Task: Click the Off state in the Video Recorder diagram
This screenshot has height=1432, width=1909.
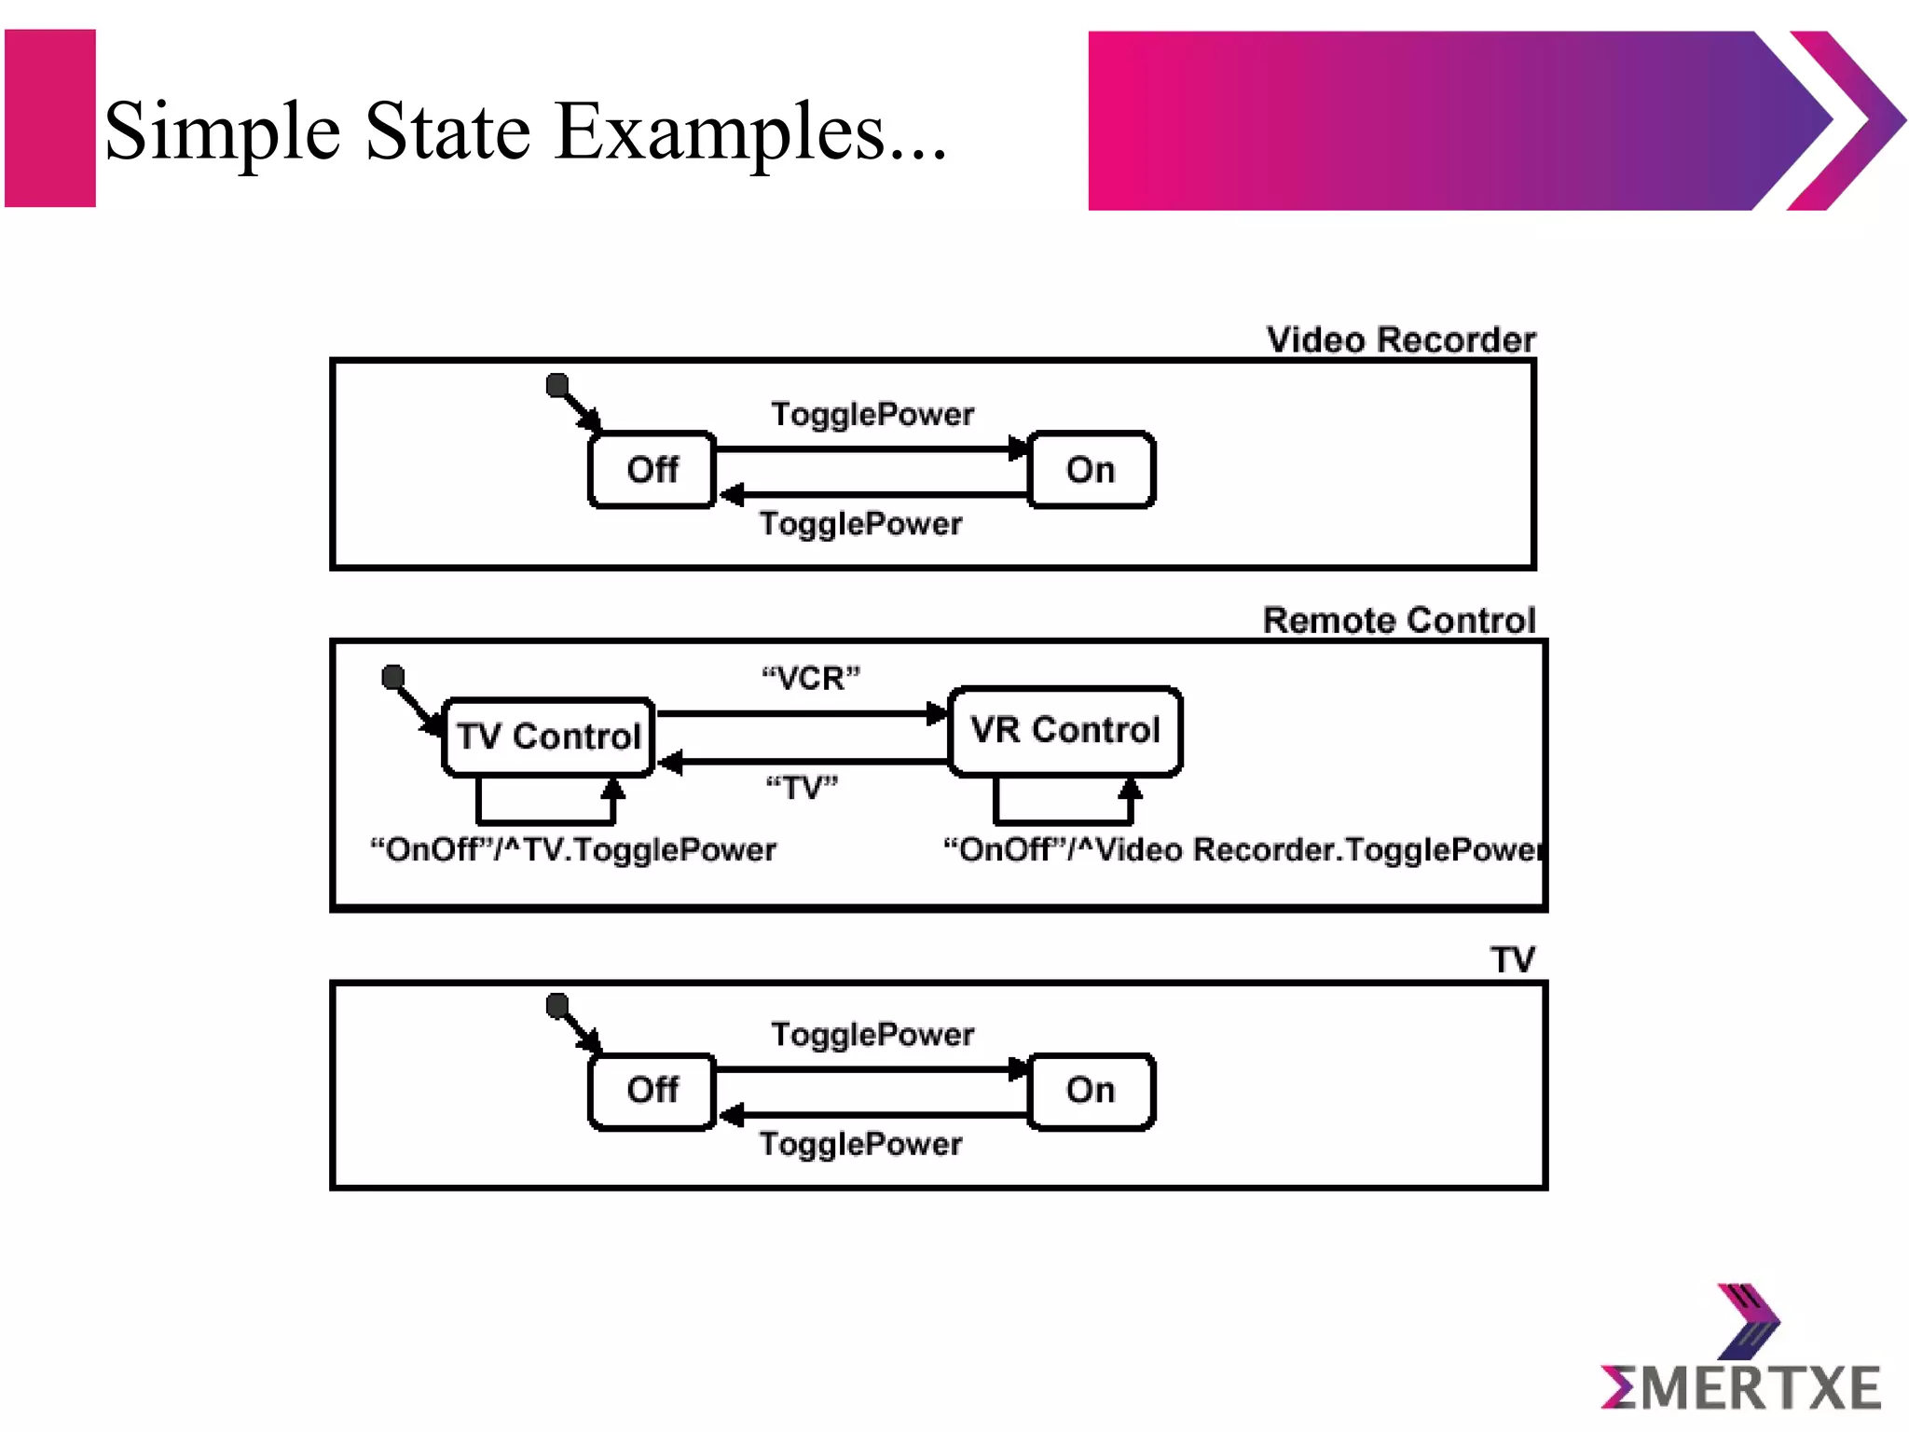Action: coord(652,470)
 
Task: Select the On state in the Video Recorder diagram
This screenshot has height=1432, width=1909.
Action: coord(1091,470)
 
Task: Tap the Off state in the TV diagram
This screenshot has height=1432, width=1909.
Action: coord(652,1090)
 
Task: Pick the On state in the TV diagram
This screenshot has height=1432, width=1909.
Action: coord(1091,1090)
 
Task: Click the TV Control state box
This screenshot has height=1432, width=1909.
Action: coord(548,737)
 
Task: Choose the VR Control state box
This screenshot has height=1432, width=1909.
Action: coord(1064,731)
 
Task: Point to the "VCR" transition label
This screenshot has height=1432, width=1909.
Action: coord(811,678)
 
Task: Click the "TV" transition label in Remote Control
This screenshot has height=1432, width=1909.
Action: coord(802,788)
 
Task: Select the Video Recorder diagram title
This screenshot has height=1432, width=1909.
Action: coord(1400,340)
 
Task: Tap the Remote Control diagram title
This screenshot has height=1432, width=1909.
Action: coord(1398,621)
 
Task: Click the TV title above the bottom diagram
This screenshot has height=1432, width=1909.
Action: coord(1512,960)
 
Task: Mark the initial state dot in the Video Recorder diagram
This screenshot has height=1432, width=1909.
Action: coord(557,384)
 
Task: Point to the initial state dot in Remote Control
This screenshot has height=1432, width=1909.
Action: coord(393,676)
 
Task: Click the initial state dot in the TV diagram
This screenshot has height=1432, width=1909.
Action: coord(557,1005)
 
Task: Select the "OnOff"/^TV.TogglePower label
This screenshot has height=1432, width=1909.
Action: coord(573,850)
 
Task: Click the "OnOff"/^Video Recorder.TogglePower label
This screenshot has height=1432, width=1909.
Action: coord(1242,850)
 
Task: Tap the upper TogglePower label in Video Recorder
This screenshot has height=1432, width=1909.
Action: coord(872,414)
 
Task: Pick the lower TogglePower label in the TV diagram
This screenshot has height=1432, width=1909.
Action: coord(860,1144)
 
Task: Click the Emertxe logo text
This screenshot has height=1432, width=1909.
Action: coord(1741,1388)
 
